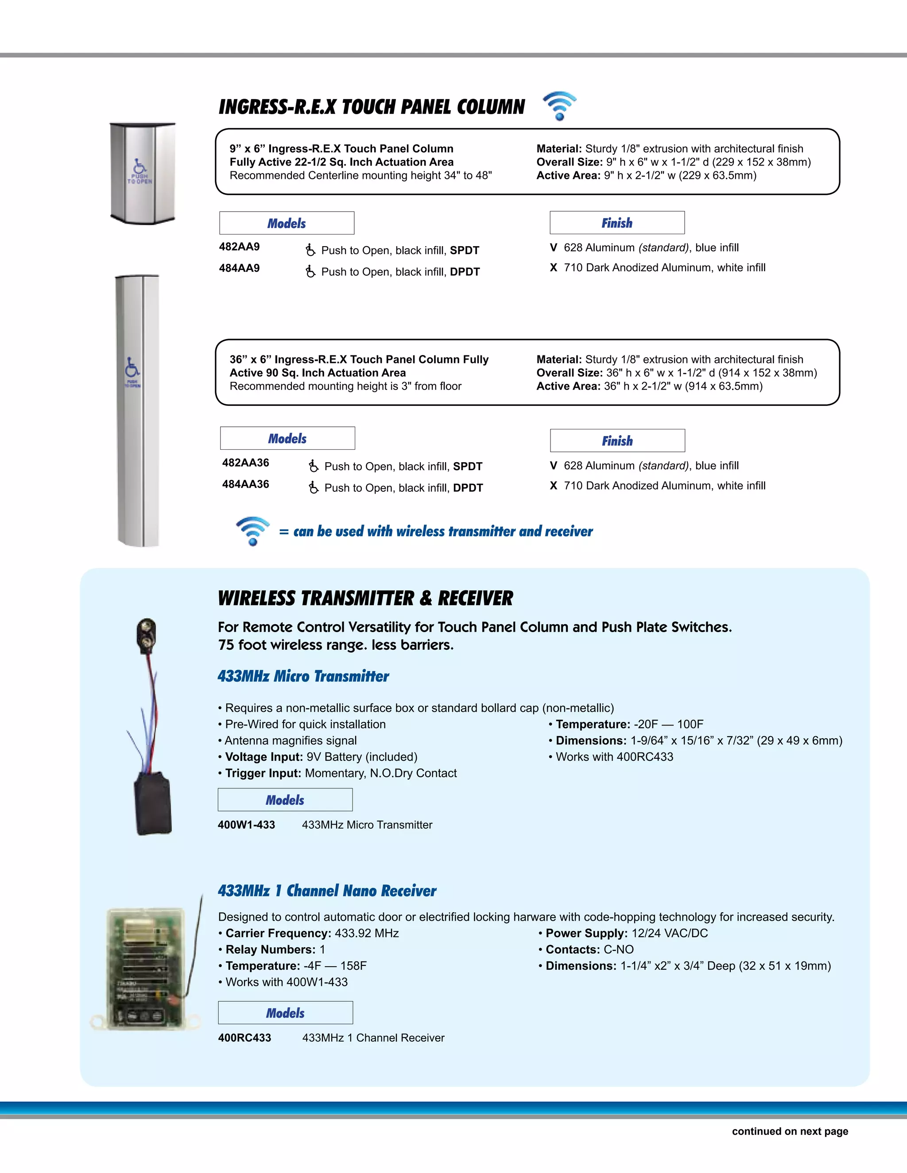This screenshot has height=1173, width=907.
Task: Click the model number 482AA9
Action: [239, 247]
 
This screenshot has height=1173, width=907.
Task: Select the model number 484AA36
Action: [245, 484]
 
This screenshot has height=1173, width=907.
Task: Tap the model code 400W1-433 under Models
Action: [246, 825]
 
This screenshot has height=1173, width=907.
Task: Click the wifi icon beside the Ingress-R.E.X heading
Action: [559, 105]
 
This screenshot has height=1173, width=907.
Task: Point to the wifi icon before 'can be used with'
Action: [252, 531]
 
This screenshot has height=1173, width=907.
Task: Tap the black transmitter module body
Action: [153, 804]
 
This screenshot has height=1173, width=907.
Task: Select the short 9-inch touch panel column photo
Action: [143, 173]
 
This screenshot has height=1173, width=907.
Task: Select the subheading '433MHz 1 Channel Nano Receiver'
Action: [327, 891]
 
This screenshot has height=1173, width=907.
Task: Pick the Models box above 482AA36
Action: [287, 438]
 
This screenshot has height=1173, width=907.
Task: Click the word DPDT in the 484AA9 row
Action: [465, 272]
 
